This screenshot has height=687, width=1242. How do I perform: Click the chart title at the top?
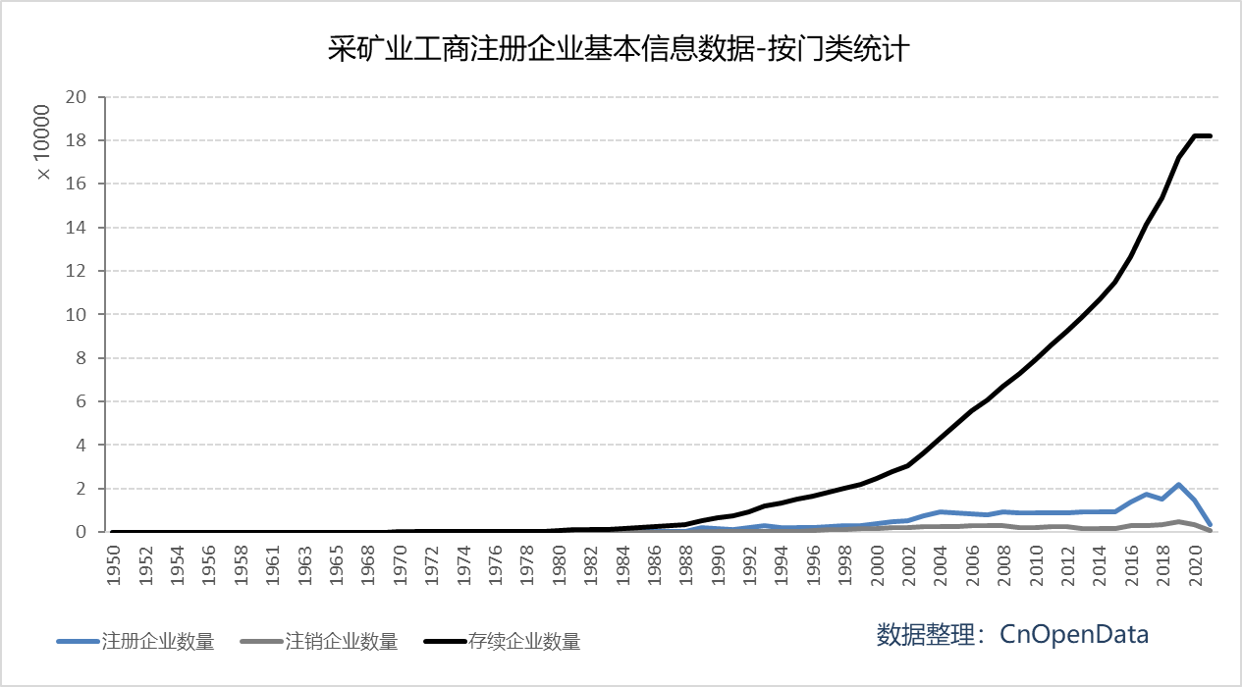621,48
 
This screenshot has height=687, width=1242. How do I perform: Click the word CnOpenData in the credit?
1074,634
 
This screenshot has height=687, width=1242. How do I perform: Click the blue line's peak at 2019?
1178,485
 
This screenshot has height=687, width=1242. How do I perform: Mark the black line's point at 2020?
1195,135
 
